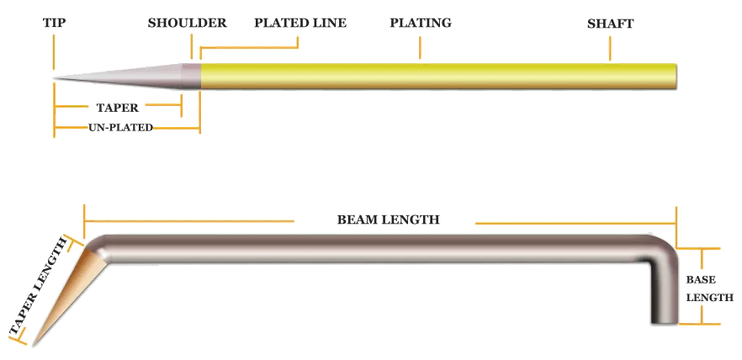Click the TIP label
54,24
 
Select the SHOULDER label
188,24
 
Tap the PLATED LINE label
300,24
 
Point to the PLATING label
421,24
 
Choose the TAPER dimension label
118,108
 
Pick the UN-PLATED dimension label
121,128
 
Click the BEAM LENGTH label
388,220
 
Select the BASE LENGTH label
701,288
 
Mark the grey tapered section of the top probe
143,75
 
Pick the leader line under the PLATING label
421,46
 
